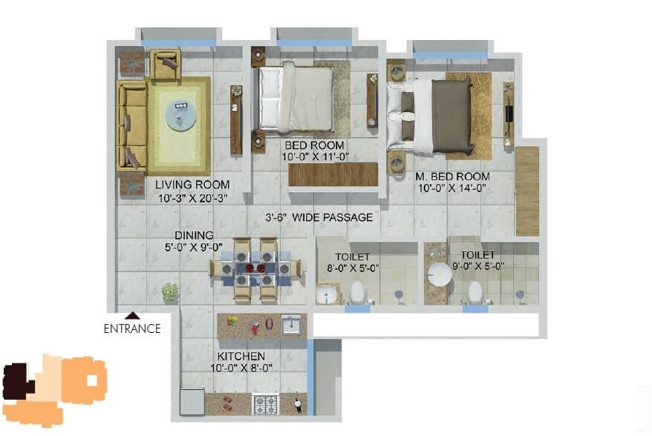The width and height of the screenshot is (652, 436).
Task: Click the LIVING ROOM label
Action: click(x=192, y=185)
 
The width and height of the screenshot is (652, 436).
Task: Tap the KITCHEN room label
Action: click(x=240, y=356)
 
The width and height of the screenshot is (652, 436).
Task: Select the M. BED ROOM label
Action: click(x=452, y=176)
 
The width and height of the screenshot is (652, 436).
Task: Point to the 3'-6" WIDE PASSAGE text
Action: click(x=319, y=217)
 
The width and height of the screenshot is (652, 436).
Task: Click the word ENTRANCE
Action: click(x=132, y=328)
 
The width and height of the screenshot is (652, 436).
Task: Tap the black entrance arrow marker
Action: click(x=133, y=315)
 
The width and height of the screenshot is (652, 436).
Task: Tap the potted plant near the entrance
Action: click(x=170, y=291)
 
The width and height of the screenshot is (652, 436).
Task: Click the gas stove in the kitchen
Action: click(x=266, y=404)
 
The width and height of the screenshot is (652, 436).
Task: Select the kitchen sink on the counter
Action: click(x=291, y=325)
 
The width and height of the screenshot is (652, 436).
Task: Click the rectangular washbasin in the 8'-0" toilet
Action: click(x=327, y=296)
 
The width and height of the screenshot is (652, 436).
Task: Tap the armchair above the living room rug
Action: click(x=165, y=64)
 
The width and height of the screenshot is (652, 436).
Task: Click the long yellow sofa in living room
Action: click(x=131, y=126)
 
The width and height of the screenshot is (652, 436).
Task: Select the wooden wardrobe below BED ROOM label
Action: click(x=333, y=175)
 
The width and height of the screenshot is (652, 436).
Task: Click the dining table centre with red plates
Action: click(x=255, y=268)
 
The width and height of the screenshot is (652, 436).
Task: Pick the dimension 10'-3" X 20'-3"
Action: click(x=192, y=198)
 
